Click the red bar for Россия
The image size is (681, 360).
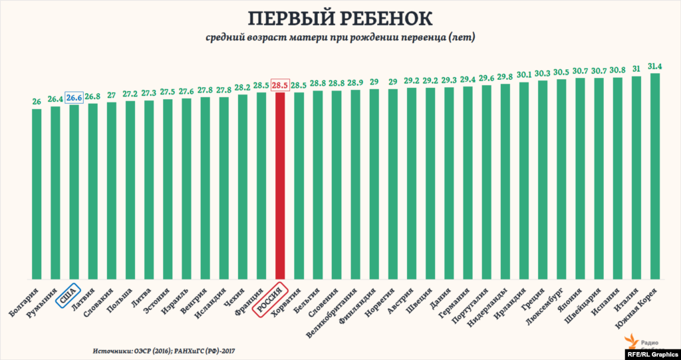pyautogui.click(x=280, y=186)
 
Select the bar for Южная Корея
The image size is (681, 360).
pyautogui.click(x=655, y=176)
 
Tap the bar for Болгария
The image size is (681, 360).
pyautogui.click(x=37, y=194)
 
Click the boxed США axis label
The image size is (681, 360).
pyautogui.click(x=67, y=295)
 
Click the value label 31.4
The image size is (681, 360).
pyautogui.click(x=655, y=67)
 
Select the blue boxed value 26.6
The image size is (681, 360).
pyautogui.click(x=74, y=98)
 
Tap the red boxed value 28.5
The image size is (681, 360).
pyautogui.click(x=280, y=85)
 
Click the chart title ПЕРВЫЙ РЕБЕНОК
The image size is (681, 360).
pyautogui.click(x=340, y=18)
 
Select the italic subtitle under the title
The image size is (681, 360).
pyautogui.click(x=340, y=38)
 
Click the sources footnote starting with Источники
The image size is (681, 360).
pyautogui.click(x=162, y=349)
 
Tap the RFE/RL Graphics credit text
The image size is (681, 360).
pyautogui.click(x=652, y=354)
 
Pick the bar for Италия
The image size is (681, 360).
pyautogui.click(x=636, y=178)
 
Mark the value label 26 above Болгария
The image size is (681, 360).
pyautogui.click(x=37, y=102)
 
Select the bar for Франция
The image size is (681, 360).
pyautogui.click(x=261, y=186)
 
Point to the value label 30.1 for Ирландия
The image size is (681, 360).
pyautogui.click(x=524, y=75)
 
